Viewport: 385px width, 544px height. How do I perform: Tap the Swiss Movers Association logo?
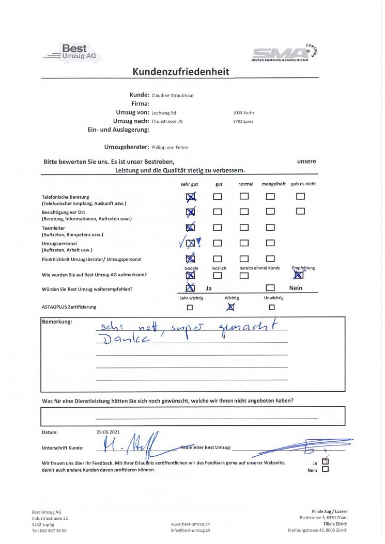(x=286, y=53)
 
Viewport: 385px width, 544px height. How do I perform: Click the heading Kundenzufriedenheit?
(x=181, y=72)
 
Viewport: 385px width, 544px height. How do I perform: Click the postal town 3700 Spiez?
(x=243, y=121)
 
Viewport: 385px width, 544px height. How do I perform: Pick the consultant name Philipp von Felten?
(x=170, y=148)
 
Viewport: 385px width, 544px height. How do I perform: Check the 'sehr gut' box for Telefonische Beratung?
(x=190, y=197)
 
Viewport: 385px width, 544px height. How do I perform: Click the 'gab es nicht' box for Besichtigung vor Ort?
(x=300, y=211)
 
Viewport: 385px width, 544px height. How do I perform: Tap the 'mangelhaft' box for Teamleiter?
(x=270, y=227)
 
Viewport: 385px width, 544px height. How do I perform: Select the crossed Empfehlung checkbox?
(x=298, y=275)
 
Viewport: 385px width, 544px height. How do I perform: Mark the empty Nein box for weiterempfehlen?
(x=270, y=288)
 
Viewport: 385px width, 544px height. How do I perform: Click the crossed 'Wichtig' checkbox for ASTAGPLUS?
(x=231, y=307)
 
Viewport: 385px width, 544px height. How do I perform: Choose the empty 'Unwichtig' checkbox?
(x=272, y=307)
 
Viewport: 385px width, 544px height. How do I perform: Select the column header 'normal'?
(x=245, y=184)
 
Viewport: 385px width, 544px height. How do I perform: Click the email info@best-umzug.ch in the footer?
(x=190, y=530)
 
